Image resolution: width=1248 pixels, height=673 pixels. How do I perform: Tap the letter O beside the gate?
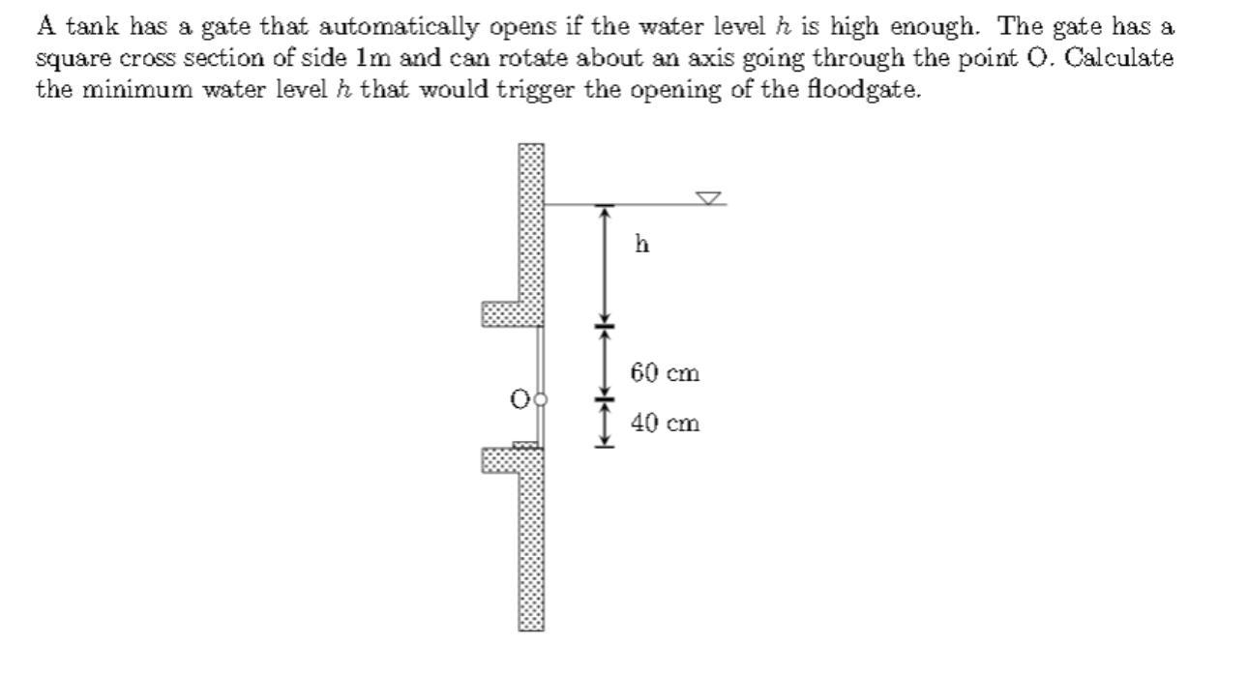click(x=520, y=398)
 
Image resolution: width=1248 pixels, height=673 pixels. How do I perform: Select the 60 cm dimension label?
click(x=665, y=372)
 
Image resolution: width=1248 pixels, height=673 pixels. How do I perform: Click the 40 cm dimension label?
click(x=665, y=423)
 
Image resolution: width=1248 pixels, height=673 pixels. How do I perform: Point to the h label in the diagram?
click(x=642, y=244)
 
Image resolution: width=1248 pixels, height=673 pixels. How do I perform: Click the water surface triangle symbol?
click(x=710, y=198)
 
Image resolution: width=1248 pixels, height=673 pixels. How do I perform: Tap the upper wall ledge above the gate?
click(x=501, y=313)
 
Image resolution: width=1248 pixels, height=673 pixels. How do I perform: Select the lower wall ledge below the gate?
click(x=501, y=460)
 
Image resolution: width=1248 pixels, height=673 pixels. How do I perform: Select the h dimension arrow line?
click(x=605, y=266)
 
